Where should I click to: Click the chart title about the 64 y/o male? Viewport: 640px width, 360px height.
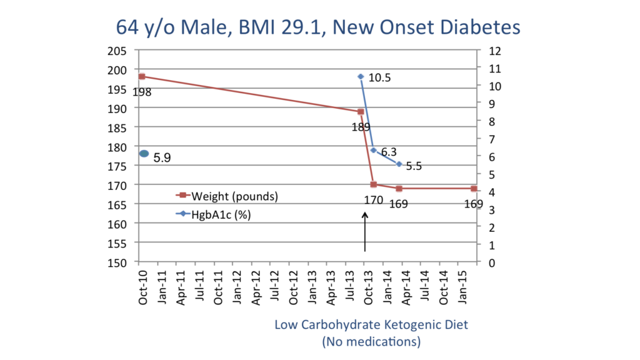[x=318, y=27]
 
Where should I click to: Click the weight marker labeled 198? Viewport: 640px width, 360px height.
[x=142, y=76]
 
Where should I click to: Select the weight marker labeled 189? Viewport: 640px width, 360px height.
[x=361, y=112]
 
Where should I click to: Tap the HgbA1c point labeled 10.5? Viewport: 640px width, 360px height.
[x=361, y=76]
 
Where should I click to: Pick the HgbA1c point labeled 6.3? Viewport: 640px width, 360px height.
[x=373, y=150]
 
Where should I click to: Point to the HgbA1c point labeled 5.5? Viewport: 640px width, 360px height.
[x=399, y=164]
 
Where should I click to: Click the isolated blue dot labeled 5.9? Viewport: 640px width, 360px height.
[x=144, y=154]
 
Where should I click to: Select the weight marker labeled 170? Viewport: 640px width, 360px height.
[x=373, y=184]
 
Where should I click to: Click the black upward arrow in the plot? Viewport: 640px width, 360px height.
[x=365, y=231]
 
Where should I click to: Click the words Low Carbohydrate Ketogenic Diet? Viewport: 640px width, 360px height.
[x=371, y=325]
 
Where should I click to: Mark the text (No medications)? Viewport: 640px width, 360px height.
[x=371, y=342]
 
